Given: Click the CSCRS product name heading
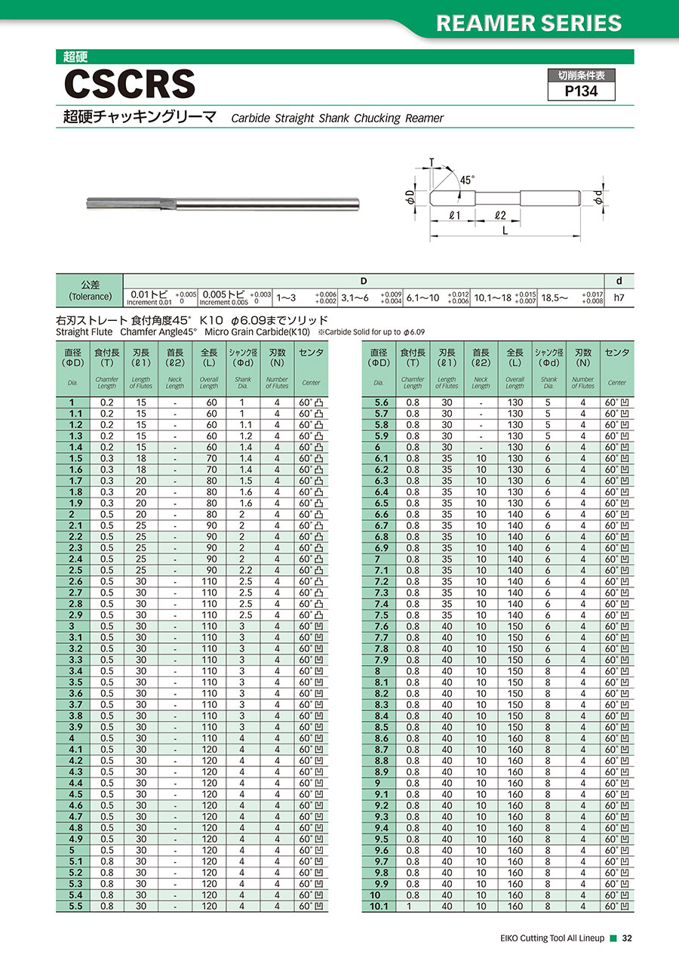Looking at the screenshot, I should [129, 83].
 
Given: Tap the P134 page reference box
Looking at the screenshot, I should [581, 91].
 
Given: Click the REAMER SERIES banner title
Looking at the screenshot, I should [529, 23].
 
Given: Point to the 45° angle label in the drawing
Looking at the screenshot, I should [468, 180].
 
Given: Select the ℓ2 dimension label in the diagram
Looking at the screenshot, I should [499, 215].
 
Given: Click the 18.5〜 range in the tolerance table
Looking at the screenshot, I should [556, 297].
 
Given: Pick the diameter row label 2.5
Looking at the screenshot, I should [75, 570].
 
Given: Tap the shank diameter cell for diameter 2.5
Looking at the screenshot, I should [242, 570].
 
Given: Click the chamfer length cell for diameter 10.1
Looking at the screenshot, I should [413, 906].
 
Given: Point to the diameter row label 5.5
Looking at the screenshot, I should [75, 906].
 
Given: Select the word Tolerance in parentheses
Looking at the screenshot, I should [90, 296].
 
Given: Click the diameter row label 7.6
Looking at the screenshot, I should [380, 626].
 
